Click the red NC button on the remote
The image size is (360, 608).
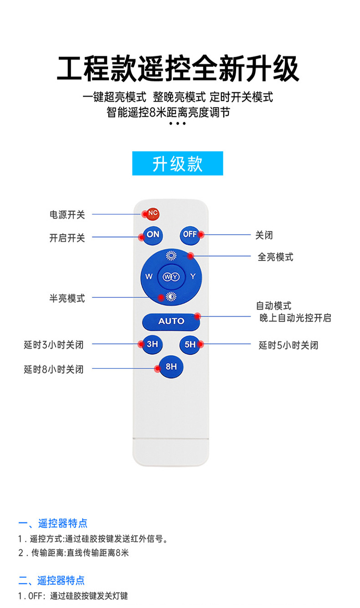153,213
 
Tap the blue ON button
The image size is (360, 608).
153,235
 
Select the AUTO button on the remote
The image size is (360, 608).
171,321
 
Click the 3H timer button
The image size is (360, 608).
152,344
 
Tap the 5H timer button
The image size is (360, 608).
190,345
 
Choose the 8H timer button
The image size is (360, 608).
171,366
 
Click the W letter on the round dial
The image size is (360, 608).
149,276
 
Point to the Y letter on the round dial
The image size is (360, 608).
193,276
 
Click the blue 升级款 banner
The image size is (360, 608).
177,163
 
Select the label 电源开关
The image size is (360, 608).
67,215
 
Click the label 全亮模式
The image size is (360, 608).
275,257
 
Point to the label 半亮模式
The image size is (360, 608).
67,298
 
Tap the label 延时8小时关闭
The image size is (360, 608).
54,369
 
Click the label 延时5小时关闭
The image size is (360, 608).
288,345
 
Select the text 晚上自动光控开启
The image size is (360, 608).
295,318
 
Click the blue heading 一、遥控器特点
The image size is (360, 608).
53,523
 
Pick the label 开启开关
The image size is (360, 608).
67,238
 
